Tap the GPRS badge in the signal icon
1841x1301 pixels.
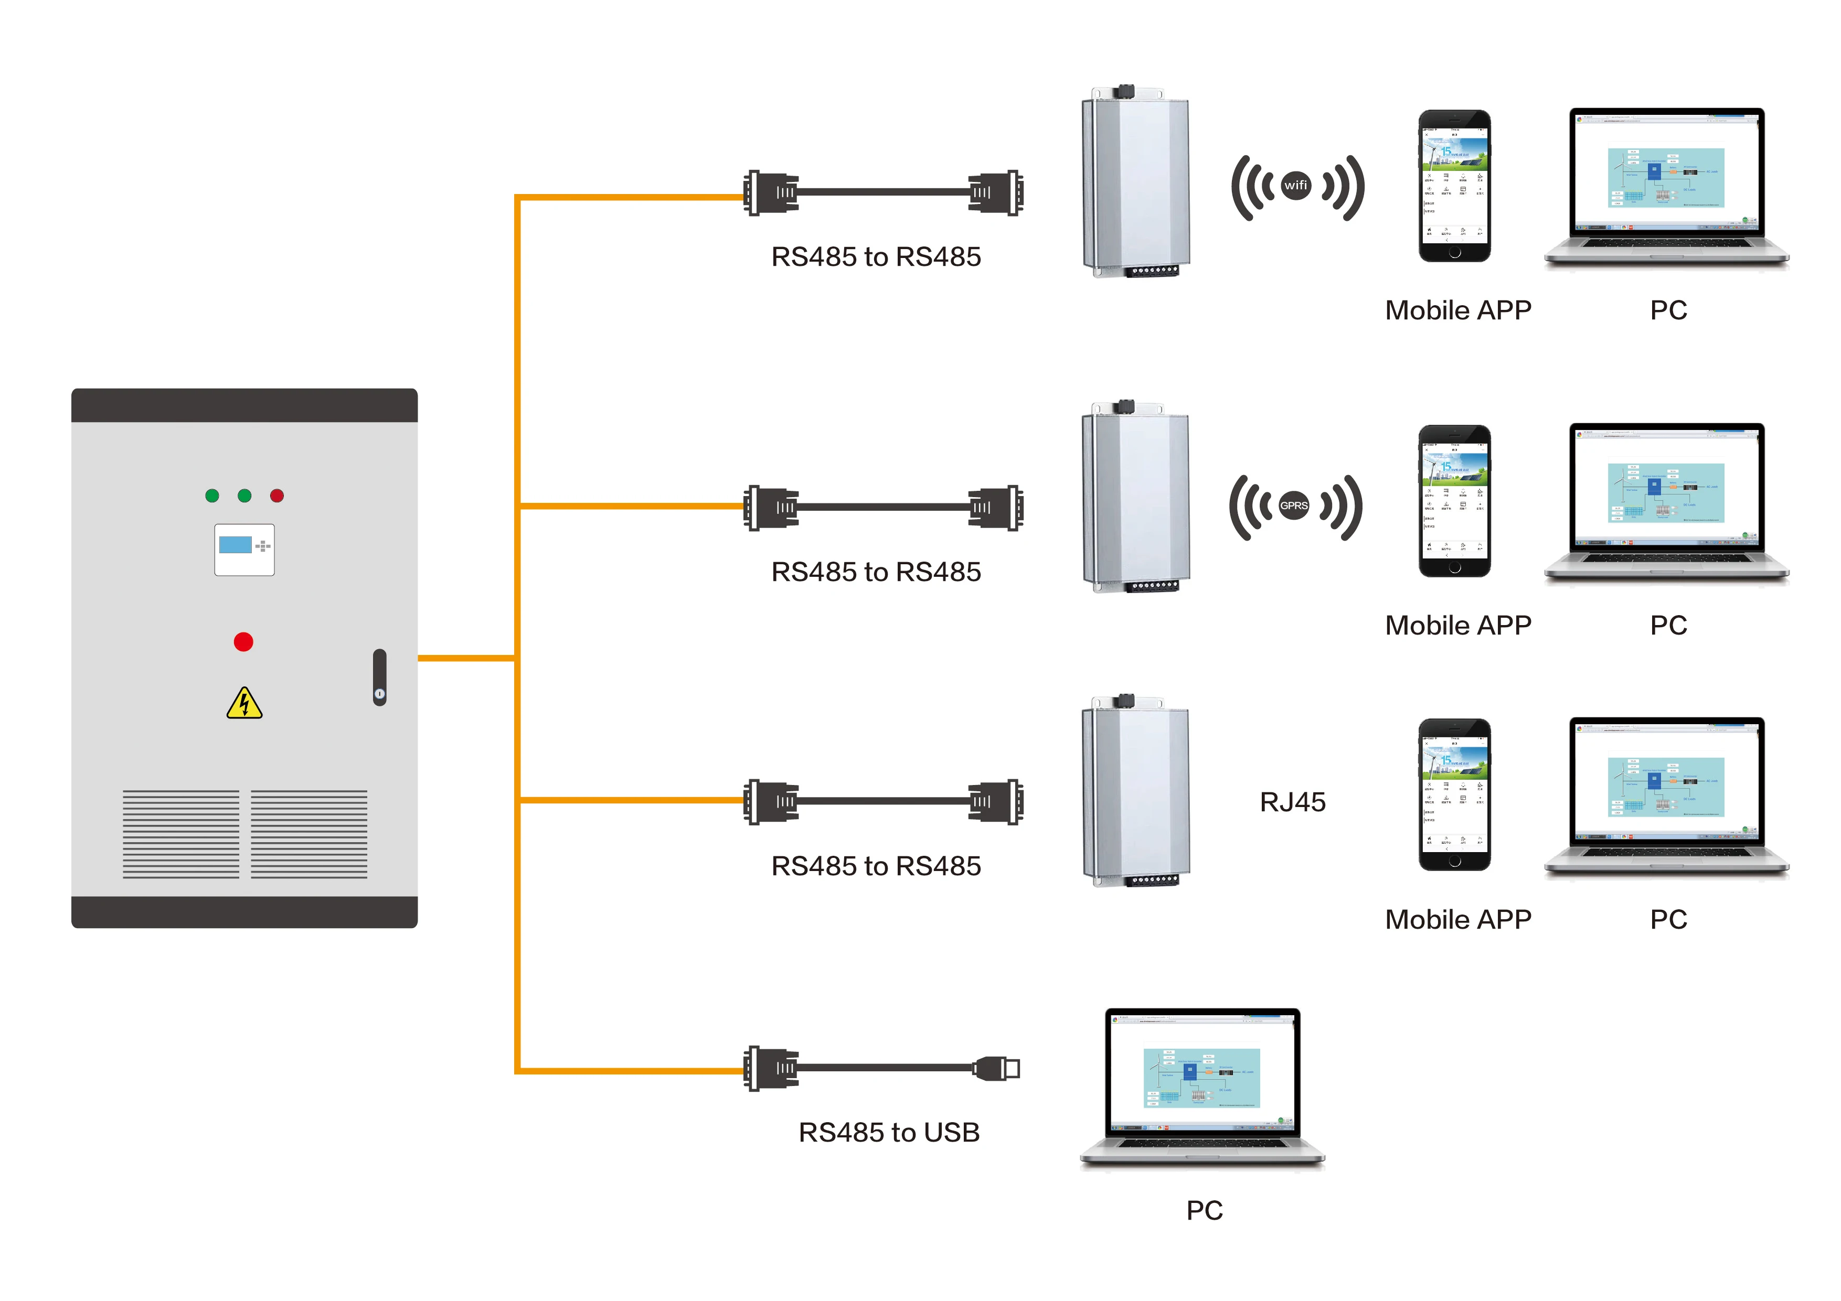point(1293,506)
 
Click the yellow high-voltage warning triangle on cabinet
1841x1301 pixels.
point(244,704)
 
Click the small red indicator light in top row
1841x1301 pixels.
point(276,496)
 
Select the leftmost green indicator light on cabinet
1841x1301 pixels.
point(211,496)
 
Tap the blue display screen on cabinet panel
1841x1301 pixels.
point(235,545)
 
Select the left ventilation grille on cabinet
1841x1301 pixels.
point(180,834)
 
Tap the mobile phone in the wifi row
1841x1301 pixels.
point(1454,186)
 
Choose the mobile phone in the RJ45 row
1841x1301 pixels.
point(1454,794)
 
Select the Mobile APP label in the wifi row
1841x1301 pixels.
point(1457,310)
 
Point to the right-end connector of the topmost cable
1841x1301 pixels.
point(997,192)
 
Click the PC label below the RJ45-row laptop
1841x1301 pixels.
point(1668,919)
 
